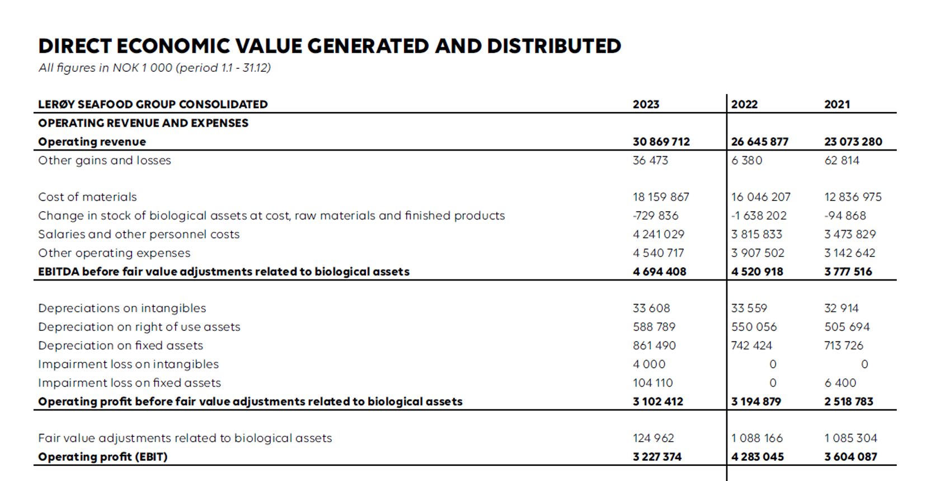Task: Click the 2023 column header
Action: pos(646,104)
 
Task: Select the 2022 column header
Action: pos(744,104)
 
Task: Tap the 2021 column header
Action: pos(836,104)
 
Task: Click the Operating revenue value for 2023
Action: pos(661,142)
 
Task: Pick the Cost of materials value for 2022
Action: pos(760,197)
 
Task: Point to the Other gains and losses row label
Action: pos(105,160)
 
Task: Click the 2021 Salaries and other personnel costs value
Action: pos(849,234)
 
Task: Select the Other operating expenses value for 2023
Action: pos(658,253)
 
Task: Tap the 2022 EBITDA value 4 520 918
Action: pos(756,272)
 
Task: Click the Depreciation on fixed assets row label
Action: pos(120,345)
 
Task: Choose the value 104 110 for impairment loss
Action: pos(652,383)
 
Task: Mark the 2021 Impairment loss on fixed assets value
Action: pos(840,383)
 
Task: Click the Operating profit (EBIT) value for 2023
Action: pos(657,457)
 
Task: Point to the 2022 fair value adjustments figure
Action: pos(756,438)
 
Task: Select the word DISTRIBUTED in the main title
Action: pos(554,46)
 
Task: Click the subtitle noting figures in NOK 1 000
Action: pos(154,68)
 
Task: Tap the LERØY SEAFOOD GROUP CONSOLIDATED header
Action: pos(153,104)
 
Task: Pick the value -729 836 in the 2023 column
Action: pos(655,216)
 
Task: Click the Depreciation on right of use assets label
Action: pos(139,327)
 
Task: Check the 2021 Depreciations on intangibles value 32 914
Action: pos(841,309)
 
